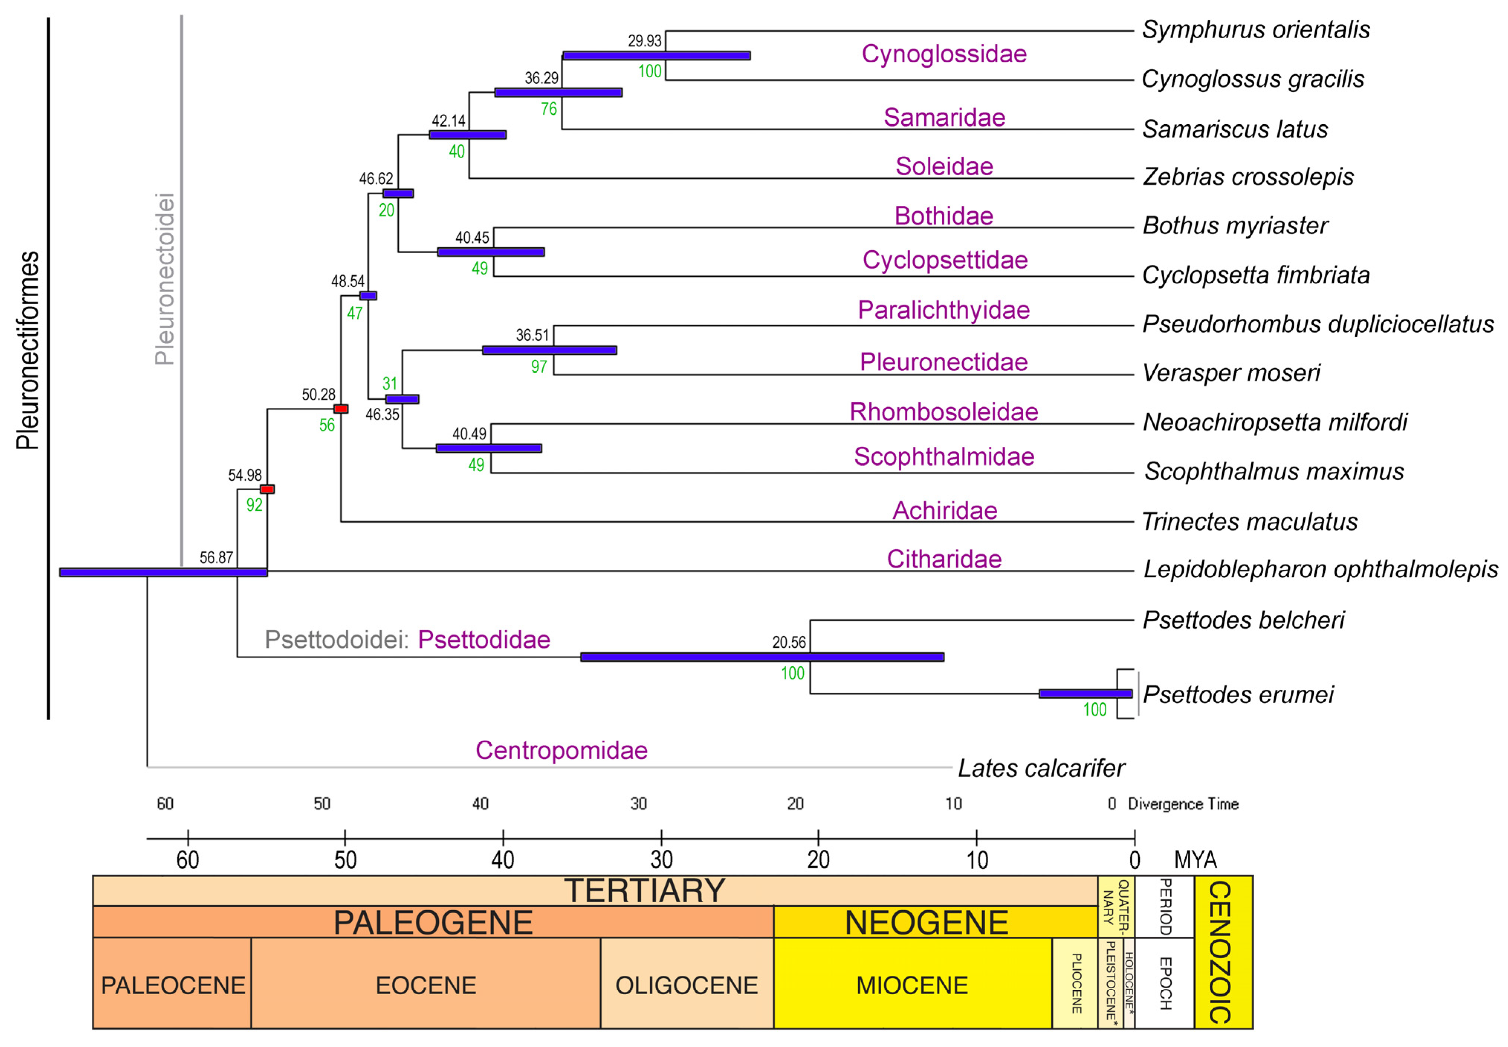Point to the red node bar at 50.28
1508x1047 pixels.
(341, 409)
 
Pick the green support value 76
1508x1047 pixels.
(549, 109)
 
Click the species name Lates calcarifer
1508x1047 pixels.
(1041, 768)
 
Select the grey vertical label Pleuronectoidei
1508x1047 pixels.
(164, 279)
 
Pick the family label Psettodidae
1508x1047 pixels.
(484, 640)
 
